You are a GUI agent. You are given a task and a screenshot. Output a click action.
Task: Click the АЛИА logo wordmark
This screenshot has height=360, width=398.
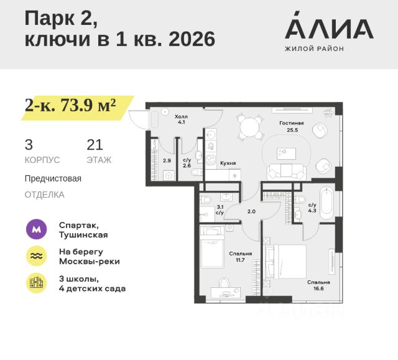click(x=328, y=28)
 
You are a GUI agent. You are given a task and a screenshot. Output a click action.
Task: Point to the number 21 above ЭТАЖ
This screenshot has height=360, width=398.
click(x=95, y=145)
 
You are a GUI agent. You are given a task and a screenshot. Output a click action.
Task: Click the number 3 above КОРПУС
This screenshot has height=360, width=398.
click(x=29, y=145)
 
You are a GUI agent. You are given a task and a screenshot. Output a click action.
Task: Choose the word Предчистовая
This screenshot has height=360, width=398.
click(x=53, y=178)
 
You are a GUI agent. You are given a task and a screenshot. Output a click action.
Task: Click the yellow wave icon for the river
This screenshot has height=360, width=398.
click(x=37, y=256)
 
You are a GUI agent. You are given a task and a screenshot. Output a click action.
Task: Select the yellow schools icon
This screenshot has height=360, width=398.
click(x=37, y=283)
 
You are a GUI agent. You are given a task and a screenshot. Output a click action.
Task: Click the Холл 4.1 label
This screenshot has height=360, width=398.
click(x=180, y=119)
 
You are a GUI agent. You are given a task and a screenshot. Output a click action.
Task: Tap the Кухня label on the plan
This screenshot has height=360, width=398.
click(x=228, y=163)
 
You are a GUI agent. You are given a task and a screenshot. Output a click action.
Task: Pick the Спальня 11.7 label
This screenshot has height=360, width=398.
click(x=241, y=257)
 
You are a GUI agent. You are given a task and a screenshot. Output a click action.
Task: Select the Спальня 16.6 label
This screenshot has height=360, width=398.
click(x=318, y=285)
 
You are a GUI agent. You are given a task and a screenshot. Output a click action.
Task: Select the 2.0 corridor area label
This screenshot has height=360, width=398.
click(x=251, y=211)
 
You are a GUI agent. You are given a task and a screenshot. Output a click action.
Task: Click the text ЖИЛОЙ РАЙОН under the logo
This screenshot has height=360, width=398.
click(x=314, y=48)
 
